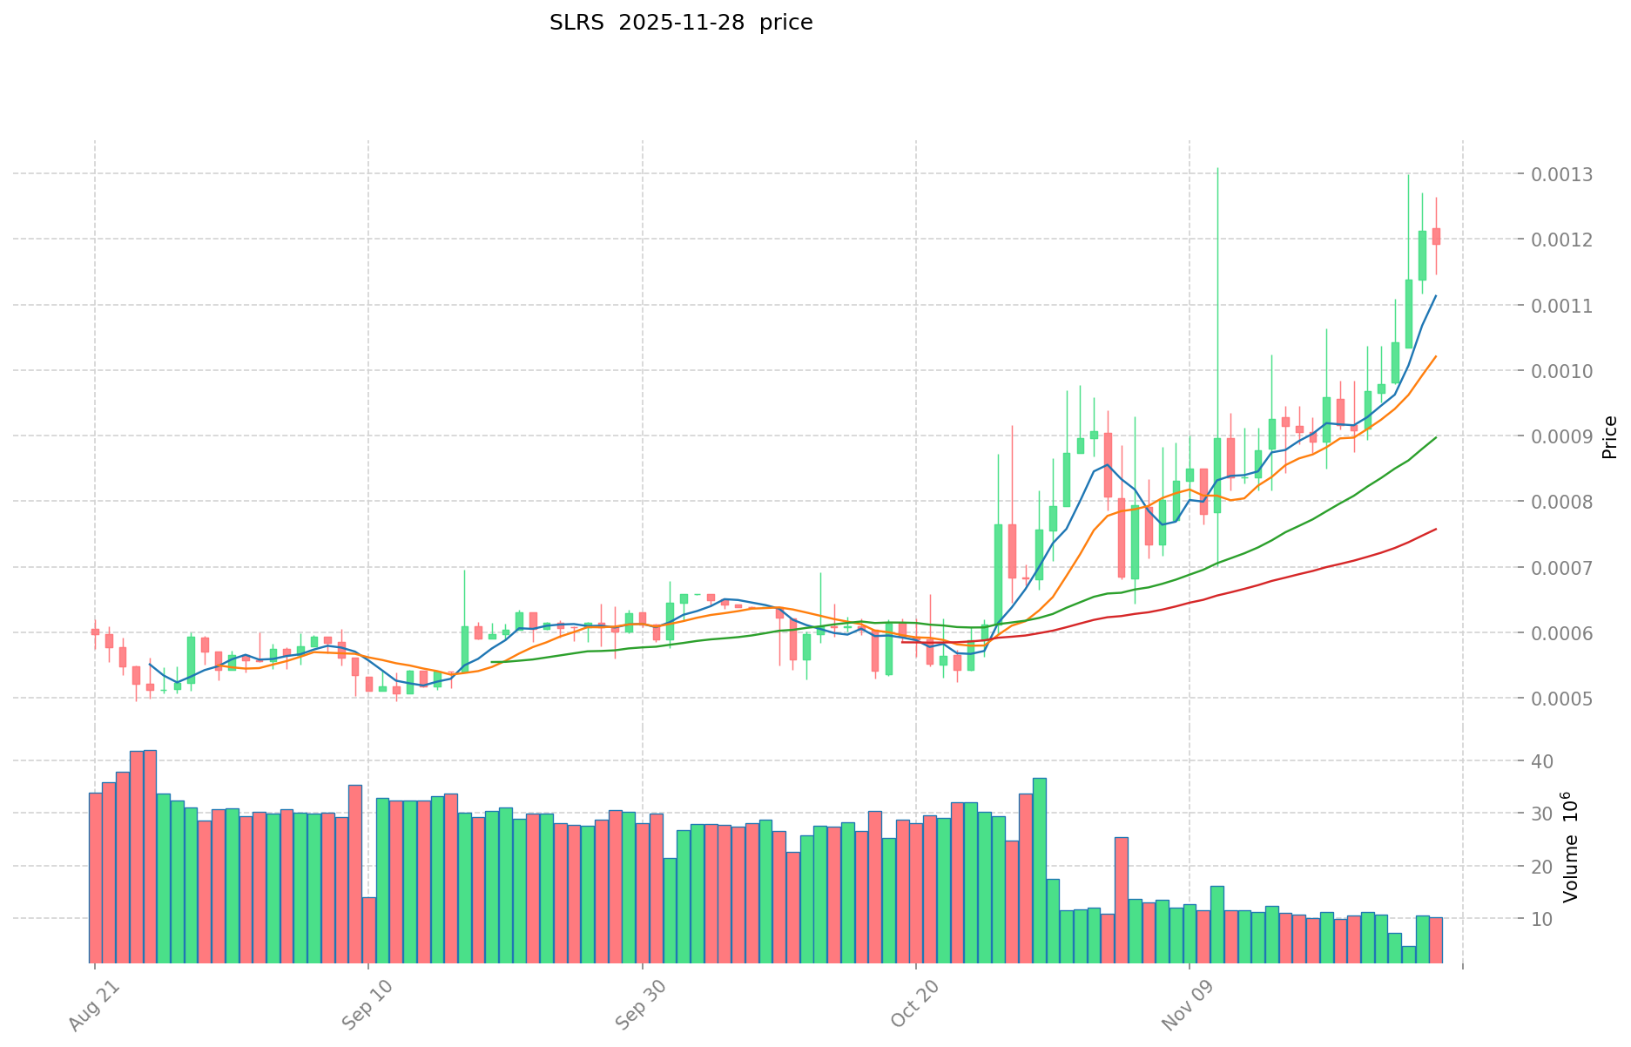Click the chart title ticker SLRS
pos(577,23)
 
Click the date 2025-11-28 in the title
pos(682,23)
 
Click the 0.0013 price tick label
pos(1563,174)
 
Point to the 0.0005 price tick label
pos(1563,699)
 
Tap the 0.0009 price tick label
pos(1563,436)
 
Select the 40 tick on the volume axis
pos(1542,761)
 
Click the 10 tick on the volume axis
pos(1542,919)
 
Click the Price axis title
pos(1609,436)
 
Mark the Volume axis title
pos(1570,846)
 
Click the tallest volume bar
pos(150,855)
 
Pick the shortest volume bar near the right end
pos(1408,954)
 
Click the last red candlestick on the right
pos(1436,236)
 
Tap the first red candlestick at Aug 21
pos(95,632)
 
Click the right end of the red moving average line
pos(1436,529)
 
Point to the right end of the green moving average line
pos(1436,436)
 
